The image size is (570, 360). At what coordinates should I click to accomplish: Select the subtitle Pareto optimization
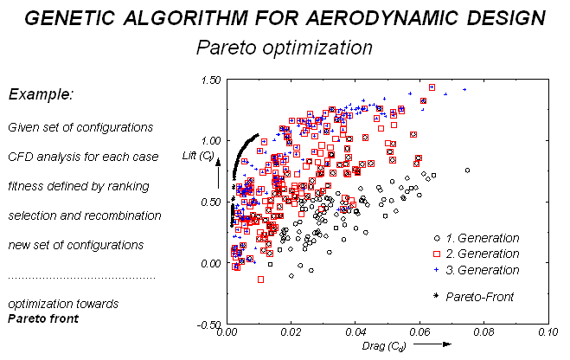click(x=285, y=47)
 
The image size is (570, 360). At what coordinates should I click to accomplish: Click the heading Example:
click(x=41, y=94)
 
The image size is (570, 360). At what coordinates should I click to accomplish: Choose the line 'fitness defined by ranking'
click(x=78, y=186)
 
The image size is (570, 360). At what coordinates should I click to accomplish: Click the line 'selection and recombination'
click(x=84, y=215)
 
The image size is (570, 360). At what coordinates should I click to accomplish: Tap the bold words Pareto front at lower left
click(x=42, y=318)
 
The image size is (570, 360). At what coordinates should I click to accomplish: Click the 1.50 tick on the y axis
click(x=210, y=80)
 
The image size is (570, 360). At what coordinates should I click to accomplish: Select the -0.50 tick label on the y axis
click(x=208, y=325)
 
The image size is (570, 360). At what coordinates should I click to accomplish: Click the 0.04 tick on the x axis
click(x=355, y=332)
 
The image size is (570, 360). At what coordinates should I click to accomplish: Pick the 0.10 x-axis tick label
click(x=547, y=332)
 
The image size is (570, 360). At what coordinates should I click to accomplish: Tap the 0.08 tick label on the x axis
click(x=483, y=332)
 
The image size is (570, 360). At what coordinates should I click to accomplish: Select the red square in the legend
click(x=438, y=254)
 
